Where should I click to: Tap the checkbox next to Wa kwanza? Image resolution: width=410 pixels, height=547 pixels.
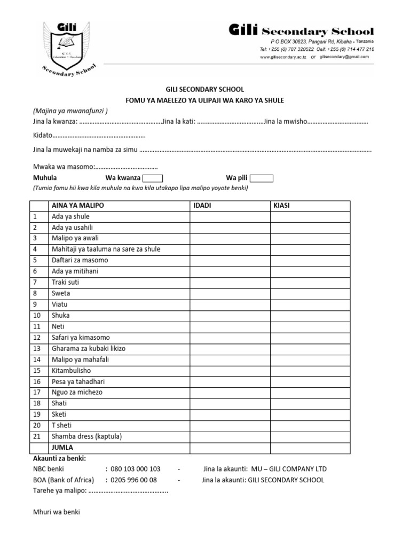(153, 178)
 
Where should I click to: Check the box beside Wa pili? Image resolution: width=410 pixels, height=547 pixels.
(262, 178)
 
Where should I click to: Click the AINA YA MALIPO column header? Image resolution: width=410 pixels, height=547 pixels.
(77, 206)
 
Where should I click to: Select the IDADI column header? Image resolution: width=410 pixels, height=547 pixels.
(201, 206)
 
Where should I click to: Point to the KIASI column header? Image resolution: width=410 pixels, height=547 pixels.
(281, 206)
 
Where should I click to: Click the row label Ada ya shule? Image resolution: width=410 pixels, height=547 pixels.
(70, 216)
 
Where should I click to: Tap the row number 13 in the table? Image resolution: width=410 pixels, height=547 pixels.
(37, 348)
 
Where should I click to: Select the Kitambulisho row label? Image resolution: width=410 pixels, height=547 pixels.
(71, 370)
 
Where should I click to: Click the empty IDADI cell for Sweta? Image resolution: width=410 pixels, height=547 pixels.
(229, 293)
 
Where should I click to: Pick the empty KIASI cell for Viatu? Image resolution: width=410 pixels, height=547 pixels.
(310, 304)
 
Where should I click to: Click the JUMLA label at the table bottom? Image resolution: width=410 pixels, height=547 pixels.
(62, 447)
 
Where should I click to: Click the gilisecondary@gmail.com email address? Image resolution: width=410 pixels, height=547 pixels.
(344, 57)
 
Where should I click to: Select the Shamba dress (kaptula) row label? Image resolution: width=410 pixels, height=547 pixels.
(87, 436)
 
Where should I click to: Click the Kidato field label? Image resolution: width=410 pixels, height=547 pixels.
(43, 136)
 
